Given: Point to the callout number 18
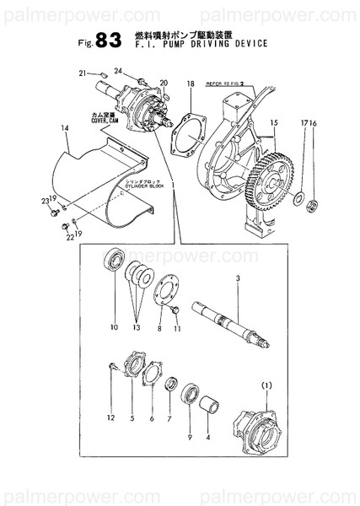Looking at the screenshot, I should point(191,84).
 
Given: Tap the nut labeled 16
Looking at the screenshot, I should point(314,204).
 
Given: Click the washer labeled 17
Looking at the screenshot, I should point(298,199).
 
